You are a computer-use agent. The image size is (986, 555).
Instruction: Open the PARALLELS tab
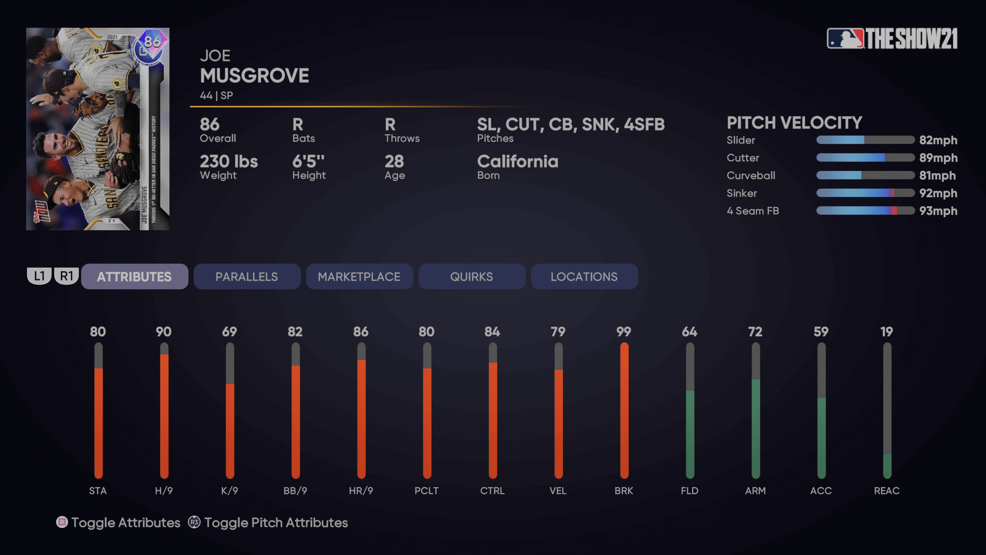pyautogui.click(x=246, y=276)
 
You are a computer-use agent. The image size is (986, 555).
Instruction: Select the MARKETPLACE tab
pyautogui.click(x=359, y=276)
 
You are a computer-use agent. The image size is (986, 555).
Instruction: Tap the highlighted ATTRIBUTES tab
pyautogui.click(x=134, y=276)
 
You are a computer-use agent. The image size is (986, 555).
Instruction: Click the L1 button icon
pyautogui.click(x=39, y=276)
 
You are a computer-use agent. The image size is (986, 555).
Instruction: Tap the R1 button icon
pyautogui.click(x=67, y=276)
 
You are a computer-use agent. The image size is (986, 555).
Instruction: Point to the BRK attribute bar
pyautogui.click(x=624, y=410)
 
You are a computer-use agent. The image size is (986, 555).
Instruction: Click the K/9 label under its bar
pyautogui.click(x=229, y=491)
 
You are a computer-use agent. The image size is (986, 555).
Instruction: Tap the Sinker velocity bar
pyautogui.click(x=865, y=193)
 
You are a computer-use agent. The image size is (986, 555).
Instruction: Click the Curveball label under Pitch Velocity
pyautogui.click(x=751, y=175)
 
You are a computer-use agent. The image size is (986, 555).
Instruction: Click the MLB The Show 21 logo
pyautogui.click(x=892, y=38)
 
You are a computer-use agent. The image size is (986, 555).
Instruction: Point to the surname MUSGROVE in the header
pyautogui.click(x=254, y=76)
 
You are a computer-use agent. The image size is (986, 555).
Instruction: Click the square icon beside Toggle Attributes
pyautogui.click(x=62, y=522)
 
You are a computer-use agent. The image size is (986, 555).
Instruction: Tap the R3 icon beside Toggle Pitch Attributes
pyautogui.click(x=194, y=522)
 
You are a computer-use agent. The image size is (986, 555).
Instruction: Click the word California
pyautogui.click(x=517, y=162)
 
